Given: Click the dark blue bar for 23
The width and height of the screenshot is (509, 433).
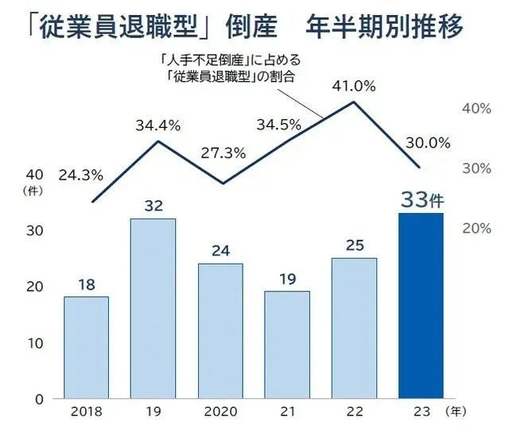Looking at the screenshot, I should click(x=420, y=306).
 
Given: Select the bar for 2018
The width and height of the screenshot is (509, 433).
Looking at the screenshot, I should click(x=86, y=347).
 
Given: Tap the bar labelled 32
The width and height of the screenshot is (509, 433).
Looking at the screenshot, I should click(x=153, y=308).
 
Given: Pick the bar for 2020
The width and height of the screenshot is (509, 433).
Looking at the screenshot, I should click(x=220, y=331).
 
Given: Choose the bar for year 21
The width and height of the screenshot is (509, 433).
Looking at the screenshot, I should click(x=287, y=345).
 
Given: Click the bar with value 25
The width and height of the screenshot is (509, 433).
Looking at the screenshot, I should click(x=354, y=328).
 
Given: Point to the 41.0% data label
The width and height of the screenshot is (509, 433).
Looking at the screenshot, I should click(x=354, y=87).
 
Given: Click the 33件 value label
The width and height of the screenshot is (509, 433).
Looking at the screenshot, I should click(x=422, y=201).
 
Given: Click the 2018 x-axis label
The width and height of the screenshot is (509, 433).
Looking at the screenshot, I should click(x=86, y=413).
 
